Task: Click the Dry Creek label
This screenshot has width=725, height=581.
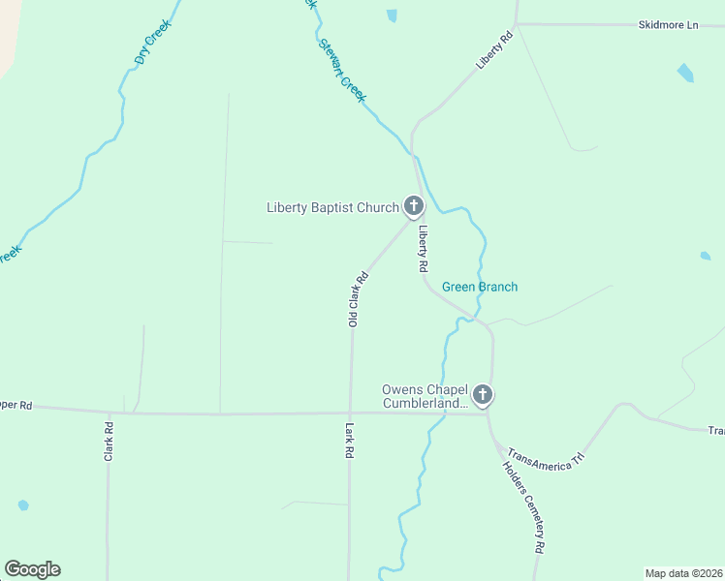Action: pyautogui.click(x=153, y=44)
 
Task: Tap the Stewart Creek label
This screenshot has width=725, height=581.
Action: pyautogui.click(x=341, y=71)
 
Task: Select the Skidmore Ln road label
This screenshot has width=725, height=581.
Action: pyautogui.click(x=668, y=25)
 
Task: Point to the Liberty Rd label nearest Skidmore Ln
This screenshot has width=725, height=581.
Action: pyautogui.click(x=493, y=51)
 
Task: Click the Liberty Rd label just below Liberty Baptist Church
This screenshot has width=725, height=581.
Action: pyautogui.click(x=423, y=248)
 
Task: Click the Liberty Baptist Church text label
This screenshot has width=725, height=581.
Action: pyautogui.click(x=332, y=207)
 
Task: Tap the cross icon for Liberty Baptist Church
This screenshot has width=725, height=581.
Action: pyautogui.click(x=414, y=205)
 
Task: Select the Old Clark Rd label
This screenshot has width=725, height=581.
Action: pyautogui.click(x=359, y=297)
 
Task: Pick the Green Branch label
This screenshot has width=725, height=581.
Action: pyautogui.click(x=480, y=287)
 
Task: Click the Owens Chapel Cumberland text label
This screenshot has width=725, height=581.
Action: pyautogui.click(x=425, y=396)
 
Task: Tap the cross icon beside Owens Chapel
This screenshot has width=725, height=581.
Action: pyautogui.click(x=483, y=395)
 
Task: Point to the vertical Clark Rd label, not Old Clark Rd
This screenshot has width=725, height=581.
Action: pyautogui.click(x=110, y=441)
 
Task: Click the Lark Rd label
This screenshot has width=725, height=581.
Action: pyautogui.click(x=348, y=441)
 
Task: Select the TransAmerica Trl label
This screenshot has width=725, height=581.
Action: pyautogui.click(x=548, y=460)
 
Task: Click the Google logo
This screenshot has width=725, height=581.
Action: pyautogui.click(x=32, y=569)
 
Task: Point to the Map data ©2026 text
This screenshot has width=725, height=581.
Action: pyautogui.click(x=683, y=573)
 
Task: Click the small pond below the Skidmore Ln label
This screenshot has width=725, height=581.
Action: pyautogui.click(x=685, y=73)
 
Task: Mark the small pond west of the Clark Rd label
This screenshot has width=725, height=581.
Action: pyautogui.click(x=22, y=505)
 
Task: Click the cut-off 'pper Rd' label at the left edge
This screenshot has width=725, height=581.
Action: pyautogui.click(x=16, y=406)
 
